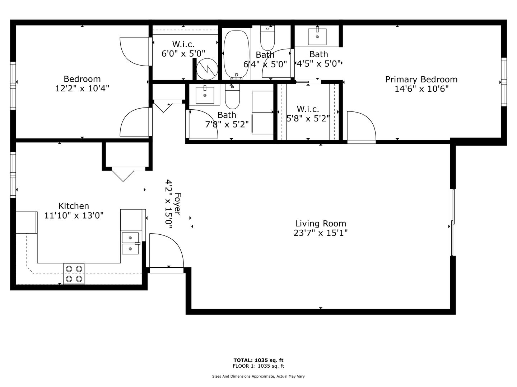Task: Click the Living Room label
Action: pyautogui.click(x=321, y=223)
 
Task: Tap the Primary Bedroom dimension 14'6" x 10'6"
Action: pyautogui.click(x=421, y=89)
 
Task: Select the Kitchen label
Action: pyautogui.click(x=74, y=206)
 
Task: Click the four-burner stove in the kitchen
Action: pyautogui.click(x=74, y=274)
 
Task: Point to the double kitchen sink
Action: pyautogui.click(x=130, y=243)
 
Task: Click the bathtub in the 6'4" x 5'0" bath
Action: pyautogui.click(x=236, y=55)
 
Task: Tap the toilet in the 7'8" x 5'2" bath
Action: pyautogui.click(x=232, y=96)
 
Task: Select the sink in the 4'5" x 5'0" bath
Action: pyautogui.click(x=317, y=36)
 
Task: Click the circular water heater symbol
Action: pyautogui.click(x=207, y=69)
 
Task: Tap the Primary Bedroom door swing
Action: pyautogui.click(x=361, y=126)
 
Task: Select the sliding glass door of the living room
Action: pyautogui.click(x=452, y=222)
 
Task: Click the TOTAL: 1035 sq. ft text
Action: pyautogui.click(x=258, y=360)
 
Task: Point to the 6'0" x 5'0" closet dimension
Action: pyautogui.click(x=183, y=54)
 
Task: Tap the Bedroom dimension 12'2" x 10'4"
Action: pyautogui.click(x=82, y=89)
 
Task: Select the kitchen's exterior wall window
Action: pyautogui.click(x=13, y=175)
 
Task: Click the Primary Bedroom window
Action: pyautogui.click(x=504, y=82)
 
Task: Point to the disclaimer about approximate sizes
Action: pyautogui.click(x=258, y=376)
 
